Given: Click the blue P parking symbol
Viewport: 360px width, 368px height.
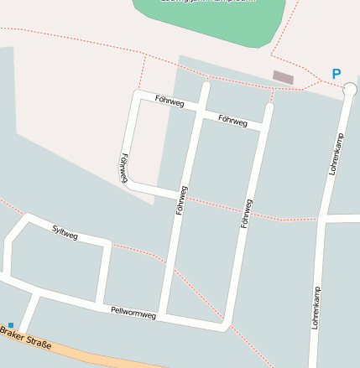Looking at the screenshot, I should (x=337, y=74).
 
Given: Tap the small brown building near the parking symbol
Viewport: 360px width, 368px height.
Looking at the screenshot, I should (x=283, y=77).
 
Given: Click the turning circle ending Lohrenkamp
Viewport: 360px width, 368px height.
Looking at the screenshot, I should (x=350, y=89).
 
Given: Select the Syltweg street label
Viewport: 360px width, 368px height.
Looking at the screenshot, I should (x=65, y=232).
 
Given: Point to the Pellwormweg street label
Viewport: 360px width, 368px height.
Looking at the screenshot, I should (x=133, y=313).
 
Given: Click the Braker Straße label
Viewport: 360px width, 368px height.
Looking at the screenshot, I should (x=25, y=337).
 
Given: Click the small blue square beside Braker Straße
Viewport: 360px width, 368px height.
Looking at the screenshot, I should (x=11, y=325).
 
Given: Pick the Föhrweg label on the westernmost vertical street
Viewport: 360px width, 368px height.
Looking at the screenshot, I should (x=125, y=168).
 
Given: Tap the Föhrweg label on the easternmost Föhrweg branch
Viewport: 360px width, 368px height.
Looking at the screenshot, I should (x=246, y=213).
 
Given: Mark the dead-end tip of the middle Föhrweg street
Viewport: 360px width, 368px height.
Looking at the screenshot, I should (x=206, y=86).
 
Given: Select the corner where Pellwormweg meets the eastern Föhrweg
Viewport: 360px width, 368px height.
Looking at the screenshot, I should (x=224, y=325).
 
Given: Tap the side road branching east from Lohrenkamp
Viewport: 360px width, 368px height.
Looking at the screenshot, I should (x=342, y=218).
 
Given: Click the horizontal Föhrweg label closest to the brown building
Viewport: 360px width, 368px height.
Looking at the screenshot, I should (x=232, y=121).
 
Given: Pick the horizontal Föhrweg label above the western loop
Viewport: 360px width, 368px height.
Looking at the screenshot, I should (x=170, y=101).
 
